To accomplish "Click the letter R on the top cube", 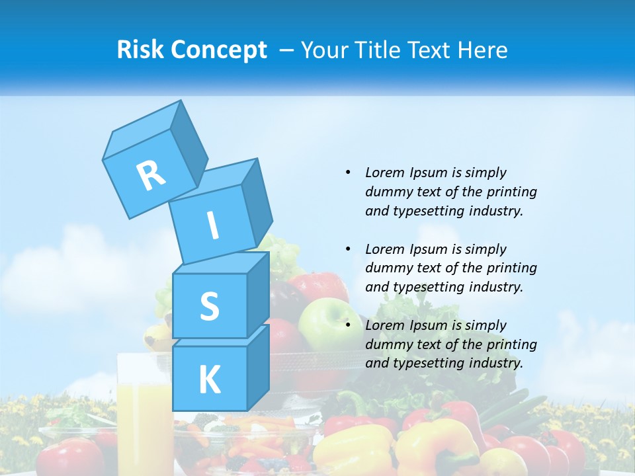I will click(151, 175).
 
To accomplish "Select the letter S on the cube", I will click(209, 306).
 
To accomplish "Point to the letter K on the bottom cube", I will click(209, 379).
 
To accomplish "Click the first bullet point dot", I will click(348, 173).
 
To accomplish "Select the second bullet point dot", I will click(348, 249).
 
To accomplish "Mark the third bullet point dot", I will click(348, 325).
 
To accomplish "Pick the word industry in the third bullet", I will click(495, 363).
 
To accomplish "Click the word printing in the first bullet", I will click(511, 192).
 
